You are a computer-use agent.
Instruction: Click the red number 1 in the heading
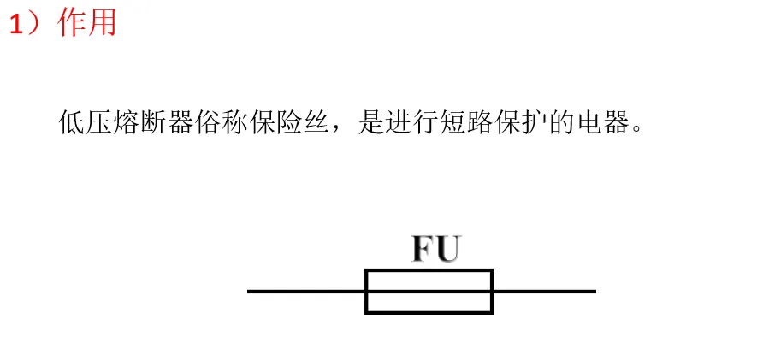pos(16,24)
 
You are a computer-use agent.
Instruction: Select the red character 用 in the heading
pos(102,22)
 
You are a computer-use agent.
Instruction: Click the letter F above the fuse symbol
pos(423,249)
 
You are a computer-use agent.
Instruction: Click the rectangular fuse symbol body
pos(429,292)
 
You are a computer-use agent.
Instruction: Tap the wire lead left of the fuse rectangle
pos(306,292)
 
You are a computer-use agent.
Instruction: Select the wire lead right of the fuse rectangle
pos(543,292)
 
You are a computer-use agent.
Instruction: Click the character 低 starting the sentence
pos(72,122)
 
